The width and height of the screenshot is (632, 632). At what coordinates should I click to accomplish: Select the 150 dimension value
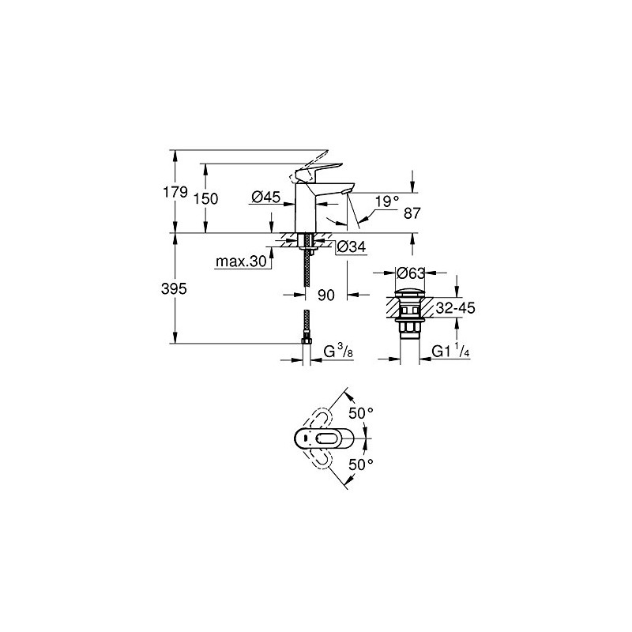tap(205, 199)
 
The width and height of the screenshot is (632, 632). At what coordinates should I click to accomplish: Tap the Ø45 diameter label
tap(268, 198)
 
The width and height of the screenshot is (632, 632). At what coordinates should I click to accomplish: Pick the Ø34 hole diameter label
tap(350, 247)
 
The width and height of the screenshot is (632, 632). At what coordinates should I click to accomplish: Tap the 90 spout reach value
tap(327, 295)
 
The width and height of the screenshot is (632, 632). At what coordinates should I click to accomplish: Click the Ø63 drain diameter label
tap(412, 273)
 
